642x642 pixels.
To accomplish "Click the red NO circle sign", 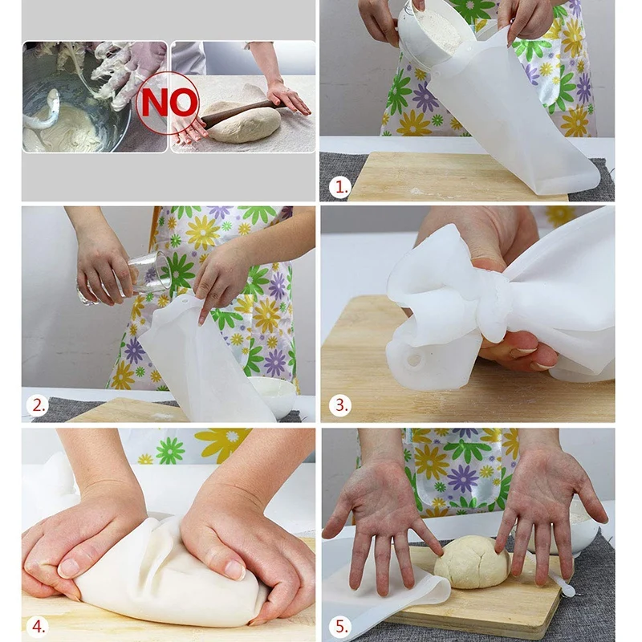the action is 167,103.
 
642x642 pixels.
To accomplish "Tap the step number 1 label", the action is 340,187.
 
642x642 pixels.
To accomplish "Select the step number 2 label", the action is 38,405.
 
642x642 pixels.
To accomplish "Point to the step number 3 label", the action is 340,405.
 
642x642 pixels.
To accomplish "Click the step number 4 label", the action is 38,626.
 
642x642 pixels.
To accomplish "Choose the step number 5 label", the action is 340,626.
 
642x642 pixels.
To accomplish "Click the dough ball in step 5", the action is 472,562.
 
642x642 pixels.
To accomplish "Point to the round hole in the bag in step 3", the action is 414,360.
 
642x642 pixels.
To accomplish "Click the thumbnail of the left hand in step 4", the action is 70,567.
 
